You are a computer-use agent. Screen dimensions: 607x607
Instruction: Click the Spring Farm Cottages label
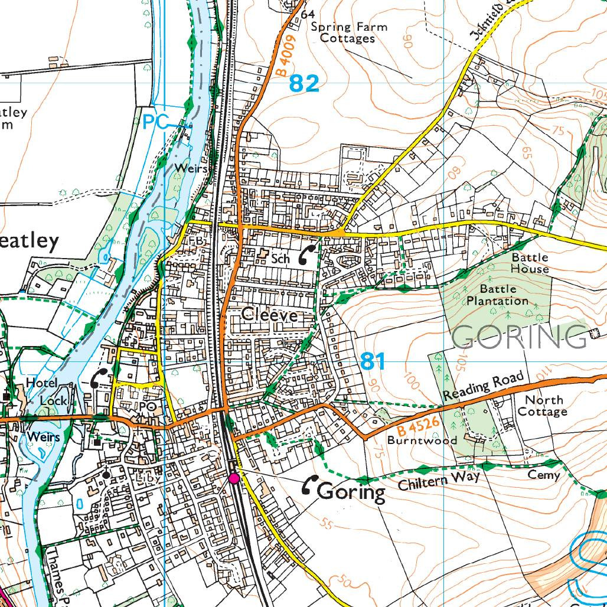coord(348,32)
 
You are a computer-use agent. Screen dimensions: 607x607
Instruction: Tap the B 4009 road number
coord(285,54)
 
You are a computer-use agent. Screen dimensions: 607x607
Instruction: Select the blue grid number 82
coord(304,84)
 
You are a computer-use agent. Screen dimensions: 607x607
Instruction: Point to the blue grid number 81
coord(372,361)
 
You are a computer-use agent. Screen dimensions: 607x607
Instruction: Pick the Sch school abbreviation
coord(280,258)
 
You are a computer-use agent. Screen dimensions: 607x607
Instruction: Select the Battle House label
coord(530,263)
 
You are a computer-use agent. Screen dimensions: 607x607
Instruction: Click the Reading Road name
coord(484,386)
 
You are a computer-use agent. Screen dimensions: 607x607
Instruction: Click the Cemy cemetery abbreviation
coord(543,475)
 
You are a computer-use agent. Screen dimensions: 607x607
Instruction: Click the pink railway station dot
coord(234,478)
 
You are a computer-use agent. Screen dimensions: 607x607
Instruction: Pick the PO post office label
coord(148,407)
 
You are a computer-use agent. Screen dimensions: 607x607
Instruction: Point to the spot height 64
coord(307,14)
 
